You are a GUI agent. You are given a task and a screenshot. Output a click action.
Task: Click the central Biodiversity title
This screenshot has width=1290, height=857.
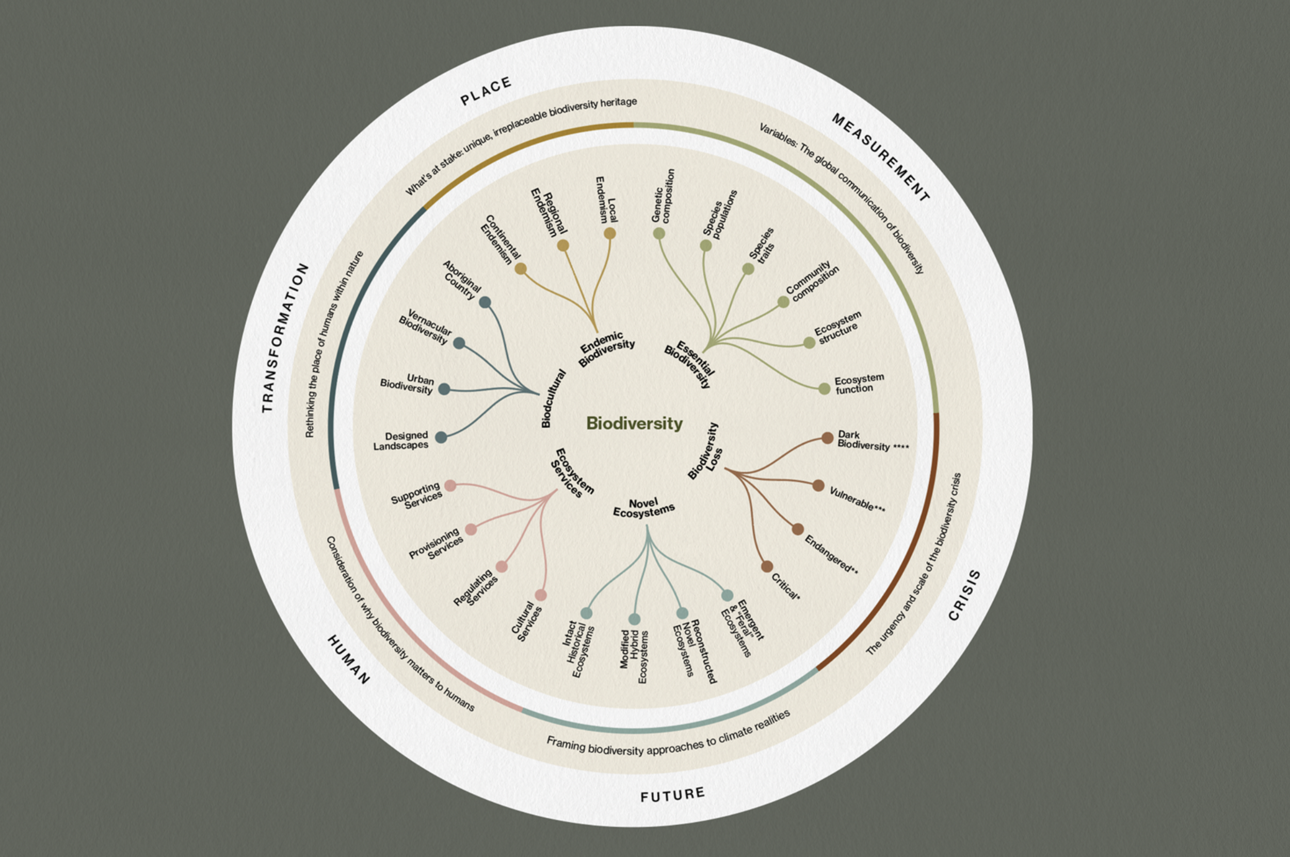pyautogui.click(x=634, y=423)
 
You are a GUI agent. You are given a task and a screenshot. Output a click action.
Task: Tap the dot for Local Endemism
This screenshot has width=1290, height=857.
pyautogui.click(x=609, y=234)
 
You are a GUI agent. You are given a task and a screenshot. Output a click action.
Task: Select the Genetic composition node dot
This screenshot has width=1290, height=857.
pyautogui.click(x=659, y=233)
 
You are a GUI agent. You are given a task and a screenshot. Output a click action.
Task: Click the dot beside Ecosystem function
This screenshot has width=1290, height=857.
pyautogui.click(x=824, y=389)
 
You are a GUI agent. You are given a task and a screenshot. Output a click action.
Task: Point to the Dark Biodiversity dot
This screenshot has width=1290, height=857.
pyautogui.click(x=827, y=438)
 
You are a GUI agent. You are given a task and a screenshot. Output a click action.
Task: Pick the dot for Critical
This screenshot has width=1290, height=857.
pyautogui.click(x=767, y=566)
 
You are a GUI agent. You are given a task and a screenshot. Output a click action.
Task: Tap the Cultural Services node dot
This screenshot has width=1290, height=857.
pyautogui.click(x=541, y=595)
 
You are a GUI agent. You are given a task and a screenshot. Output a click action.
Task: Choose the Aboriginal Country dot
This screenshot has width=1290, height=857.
pyautogui.click(x=485, y=302)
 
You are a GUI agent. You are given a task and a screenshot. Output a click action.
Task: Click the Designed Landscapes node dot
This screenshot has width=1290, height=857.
pyautogui.click(x=441, y=437)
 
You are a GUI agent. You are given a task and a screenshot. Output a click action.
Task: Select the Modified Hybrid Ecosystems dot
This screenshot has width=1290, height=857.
pyautogui.click(x=634, y=619)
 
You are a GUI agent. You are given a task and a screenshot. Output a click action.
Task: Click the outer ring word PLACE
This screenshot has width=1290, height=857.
pyautogui.click(x=486, y=91)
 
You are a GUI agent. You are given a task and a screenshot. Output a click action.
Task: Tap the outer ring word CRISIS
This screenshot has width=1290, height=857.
pyautogui.click(x=964, y=596)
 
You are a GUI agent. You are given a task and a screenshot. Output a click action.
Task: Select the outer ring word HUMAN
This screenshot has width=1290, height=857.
pyautogui.click(x=349, y=660)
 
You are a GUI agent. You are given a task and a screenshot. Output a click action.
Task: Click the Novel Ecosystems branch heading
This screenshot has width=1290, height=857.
pyautogui.click(x=643, y=507)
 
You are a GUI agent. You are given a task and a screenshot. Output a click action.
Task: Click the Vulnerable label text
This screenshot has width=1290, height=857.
pyautogui.click(x=857, y=499)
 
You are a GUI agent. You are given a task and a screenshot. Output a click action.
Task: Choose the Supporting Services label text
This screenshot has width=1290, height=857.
pyautogui.click(x=416, y=495)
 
